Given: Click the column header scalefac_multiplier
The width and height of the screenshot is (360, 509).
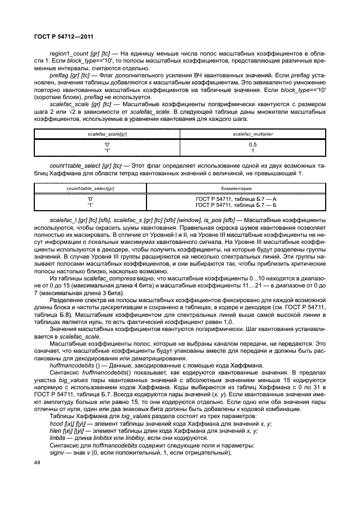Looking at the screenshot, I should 252,133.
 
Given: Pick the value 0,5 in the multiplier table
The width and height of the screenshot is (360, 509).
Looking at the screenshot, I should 252,145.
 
